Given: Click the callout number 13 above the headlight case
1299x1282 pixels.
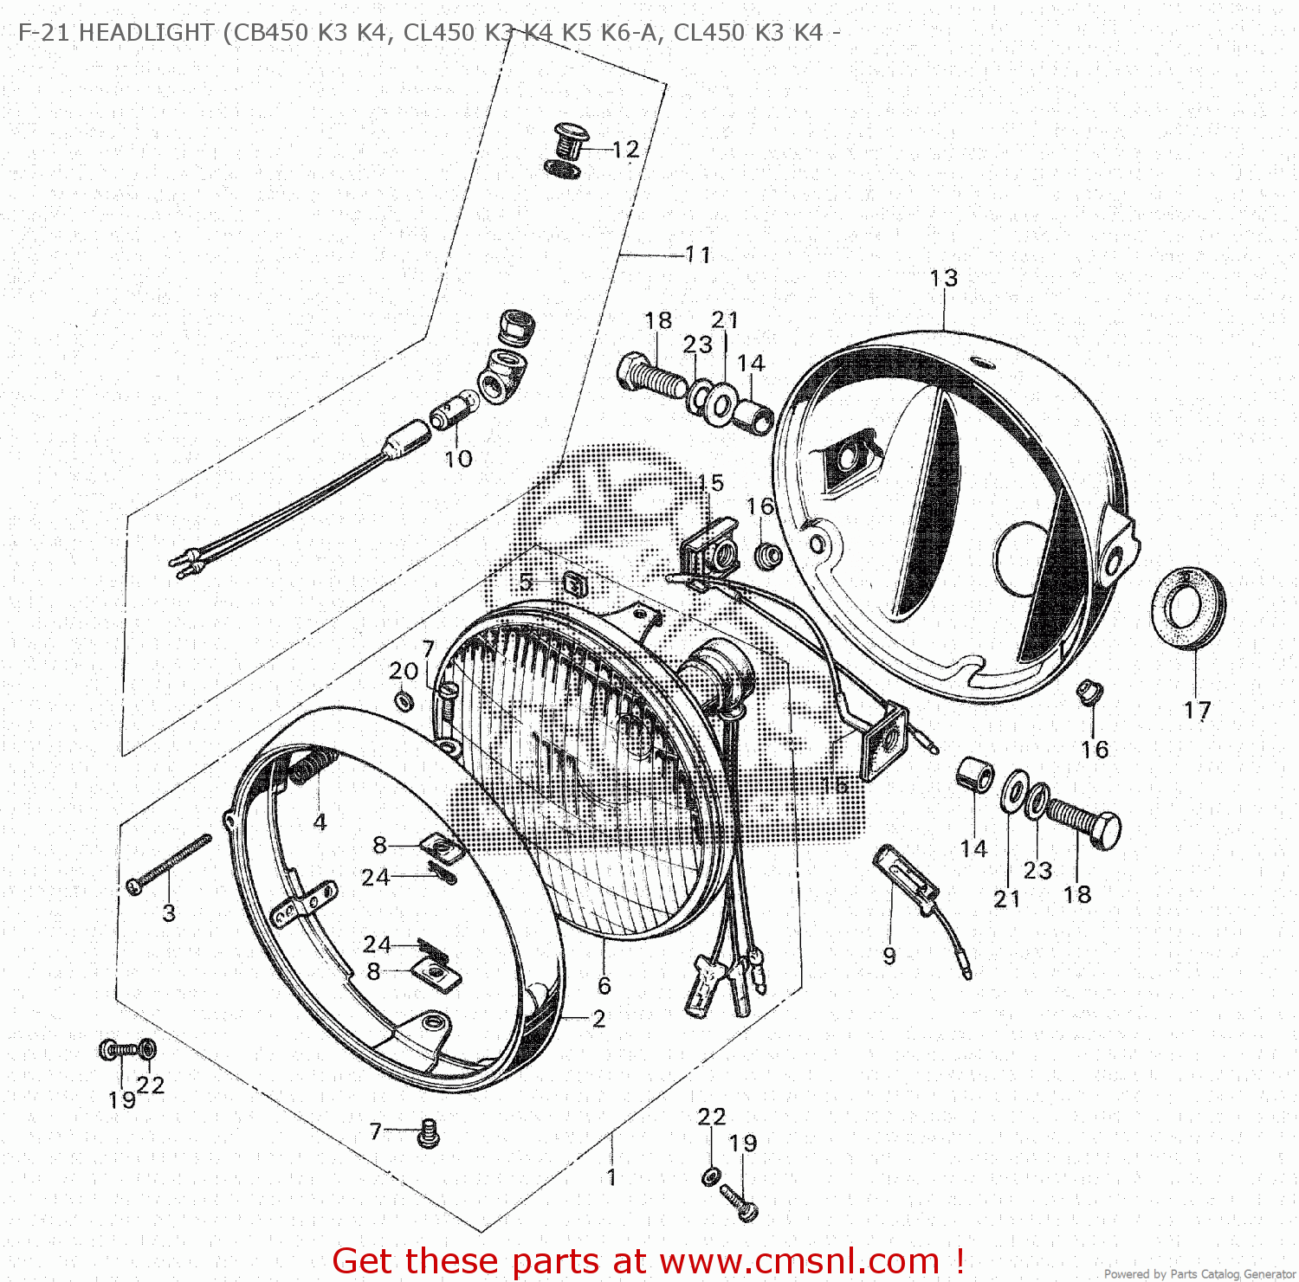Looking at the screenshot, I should pos(943,278).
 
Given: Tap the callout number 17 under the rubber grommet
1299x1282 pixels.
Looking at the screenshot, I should pos(1197,711).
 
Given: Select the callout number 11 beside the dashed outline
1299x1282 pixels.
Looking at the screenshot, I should pos(698,254).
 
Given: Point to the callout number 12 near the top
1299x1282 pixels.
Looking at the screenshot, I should pos(625,150).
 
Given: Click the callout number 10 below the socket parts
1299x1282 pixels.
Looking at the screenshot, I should pos(458,459).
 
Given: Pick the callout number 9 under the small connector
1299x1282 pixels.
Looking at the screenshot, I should pos(889,956).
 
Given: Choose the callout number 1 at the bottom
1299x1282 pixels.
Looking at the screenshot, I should pos(611,1177).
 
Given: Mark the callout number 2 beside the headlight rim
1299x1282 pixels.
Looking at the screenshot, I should pos(598,1019).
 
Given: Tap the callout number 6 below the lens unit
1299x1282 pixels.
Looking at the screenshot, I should pos(604,985).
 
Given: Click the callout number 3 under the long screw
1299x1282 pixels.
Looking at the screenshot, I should pos(169,912).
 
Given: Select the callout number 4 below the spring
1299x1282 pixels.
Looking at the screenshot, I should pos(320,821).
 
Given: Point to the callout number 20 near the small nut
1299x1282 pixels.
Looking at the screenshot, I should pos(404,671).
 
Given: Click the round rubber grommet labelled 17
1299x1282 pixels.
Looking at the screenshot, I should pos(1187,607).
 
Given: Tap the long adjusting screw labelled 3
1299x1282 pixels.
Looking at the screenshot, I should pos(169,860).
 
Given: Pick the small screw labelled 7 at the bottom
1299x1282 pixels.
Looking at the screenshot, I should pos(428,1132).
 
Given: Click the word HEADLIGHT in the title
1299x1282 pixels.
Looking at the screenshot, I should pos(145,33).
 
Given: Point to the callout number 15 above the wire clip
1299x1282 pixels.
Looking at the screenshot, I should pos(710,483).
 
